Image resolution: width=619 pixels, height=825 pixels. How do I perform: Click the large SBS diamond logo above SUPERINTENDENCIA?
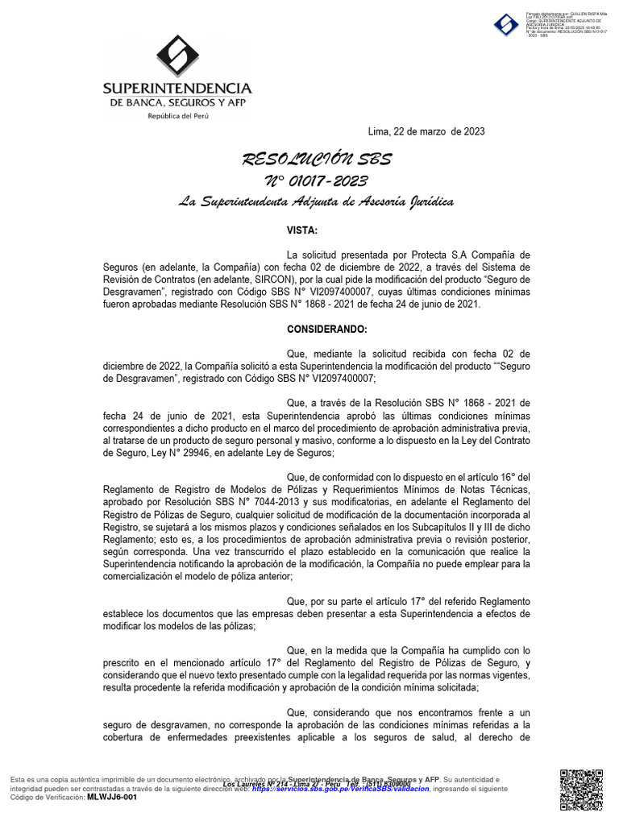point(177,56)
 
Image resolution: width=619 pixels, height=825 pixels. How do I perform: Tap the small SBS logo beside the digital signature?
point(506,25)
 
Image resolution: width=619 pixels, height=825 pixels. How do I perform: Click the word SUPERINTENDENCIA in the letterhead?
point(177,88)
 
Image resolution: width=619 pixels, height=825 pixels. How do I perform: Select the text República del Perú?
point(177,116)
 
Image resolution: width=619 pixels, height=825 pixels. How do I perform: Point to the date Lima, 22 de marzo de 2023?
point(426,131)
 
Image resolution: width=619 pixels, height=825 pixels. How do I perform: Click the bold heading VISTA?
point(302,230)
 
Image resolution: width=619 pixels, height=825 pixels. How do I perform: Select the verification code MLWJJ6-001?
point(112,797)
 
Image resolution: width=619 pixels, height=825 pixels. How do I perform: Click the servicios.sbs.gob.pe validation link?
point(339,790)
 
